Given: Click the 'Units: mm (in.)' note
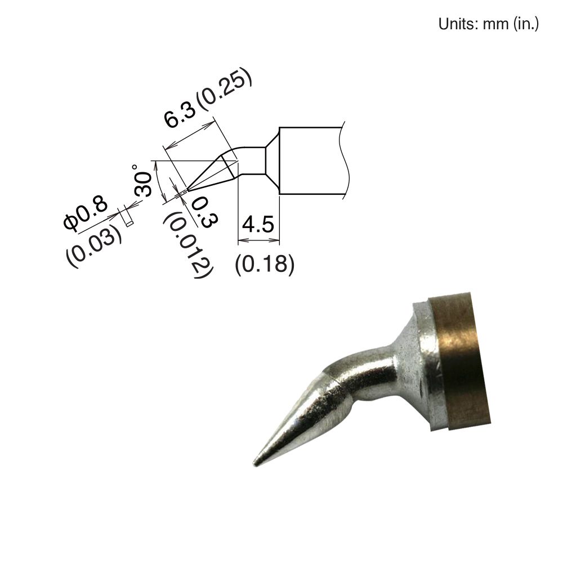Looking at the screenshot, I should pyautogui.click(x=488, y=24).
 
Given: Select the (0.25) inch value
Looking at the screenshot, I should pyautogui.click(x=225, y=88).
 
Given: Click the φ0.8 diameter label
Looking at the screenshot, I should pyautogui.click(x=86, y=215).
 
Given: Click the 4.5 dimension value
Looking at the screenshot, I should pyautogui.click(x=257, y=225).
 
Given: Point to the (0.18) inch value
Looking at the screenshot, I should pyautogui.click(x=264, y=264).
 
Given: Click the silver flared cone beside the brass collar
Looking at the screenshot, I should pyautogui.click(x=417, y=360).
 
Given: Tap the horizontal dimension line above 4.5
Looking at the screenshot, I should pyautogui.click(x=258, y=240).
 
